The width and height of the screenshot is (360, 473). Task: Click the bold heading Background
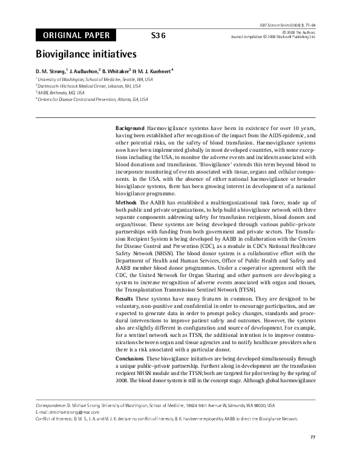click(129, 129)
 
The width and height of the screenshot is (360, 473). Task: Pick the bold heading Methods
click(126, 201)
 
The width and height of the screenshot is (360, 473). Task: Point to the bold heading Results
click(125, 299)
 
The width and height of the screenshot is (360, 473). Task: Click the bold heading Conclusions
click(130, 359)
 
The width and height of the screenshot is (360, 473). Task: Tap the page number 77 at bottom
click(313, 436)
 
